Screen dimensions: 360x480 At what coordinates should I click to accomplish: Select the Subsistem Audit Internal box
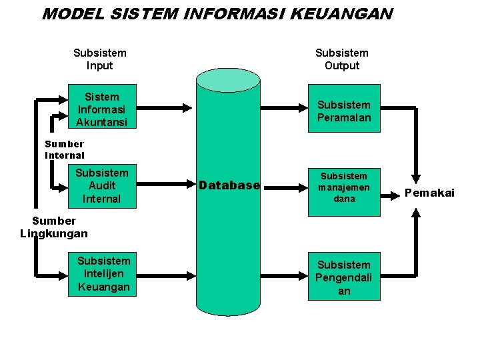tap(101, 186)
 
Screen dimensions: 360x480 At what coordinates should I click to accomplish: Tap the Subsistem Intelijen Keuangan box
tap(103, 273)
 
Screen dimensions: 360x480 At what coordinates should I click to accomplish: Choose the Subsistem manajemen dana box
tap(343, 187)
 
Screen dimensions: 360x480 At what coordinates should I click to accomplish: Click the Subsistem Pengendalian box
tap(343, 277)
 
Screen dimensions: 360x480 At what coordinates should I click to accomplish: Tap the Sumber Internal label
tap(65, 149)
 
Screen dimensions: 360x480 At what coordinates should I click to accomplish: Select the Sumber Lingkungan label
tap(54, 227)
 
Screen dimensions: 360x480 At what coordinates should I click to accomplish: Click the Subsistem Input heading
tap(100, 59)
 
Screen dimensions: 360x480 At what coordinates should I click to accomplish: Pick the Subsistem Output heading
tap(341, 59)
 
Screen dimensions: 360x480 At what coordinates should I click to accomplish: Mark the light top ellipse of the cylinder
tap(228, 79)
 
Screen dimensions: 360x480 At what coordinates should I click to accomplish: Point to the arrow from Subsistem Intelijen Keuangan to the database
tap(167, 273)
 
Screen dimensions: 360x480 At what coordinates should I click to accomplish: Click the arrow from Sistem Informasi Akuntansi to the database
tap(167, 106)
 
